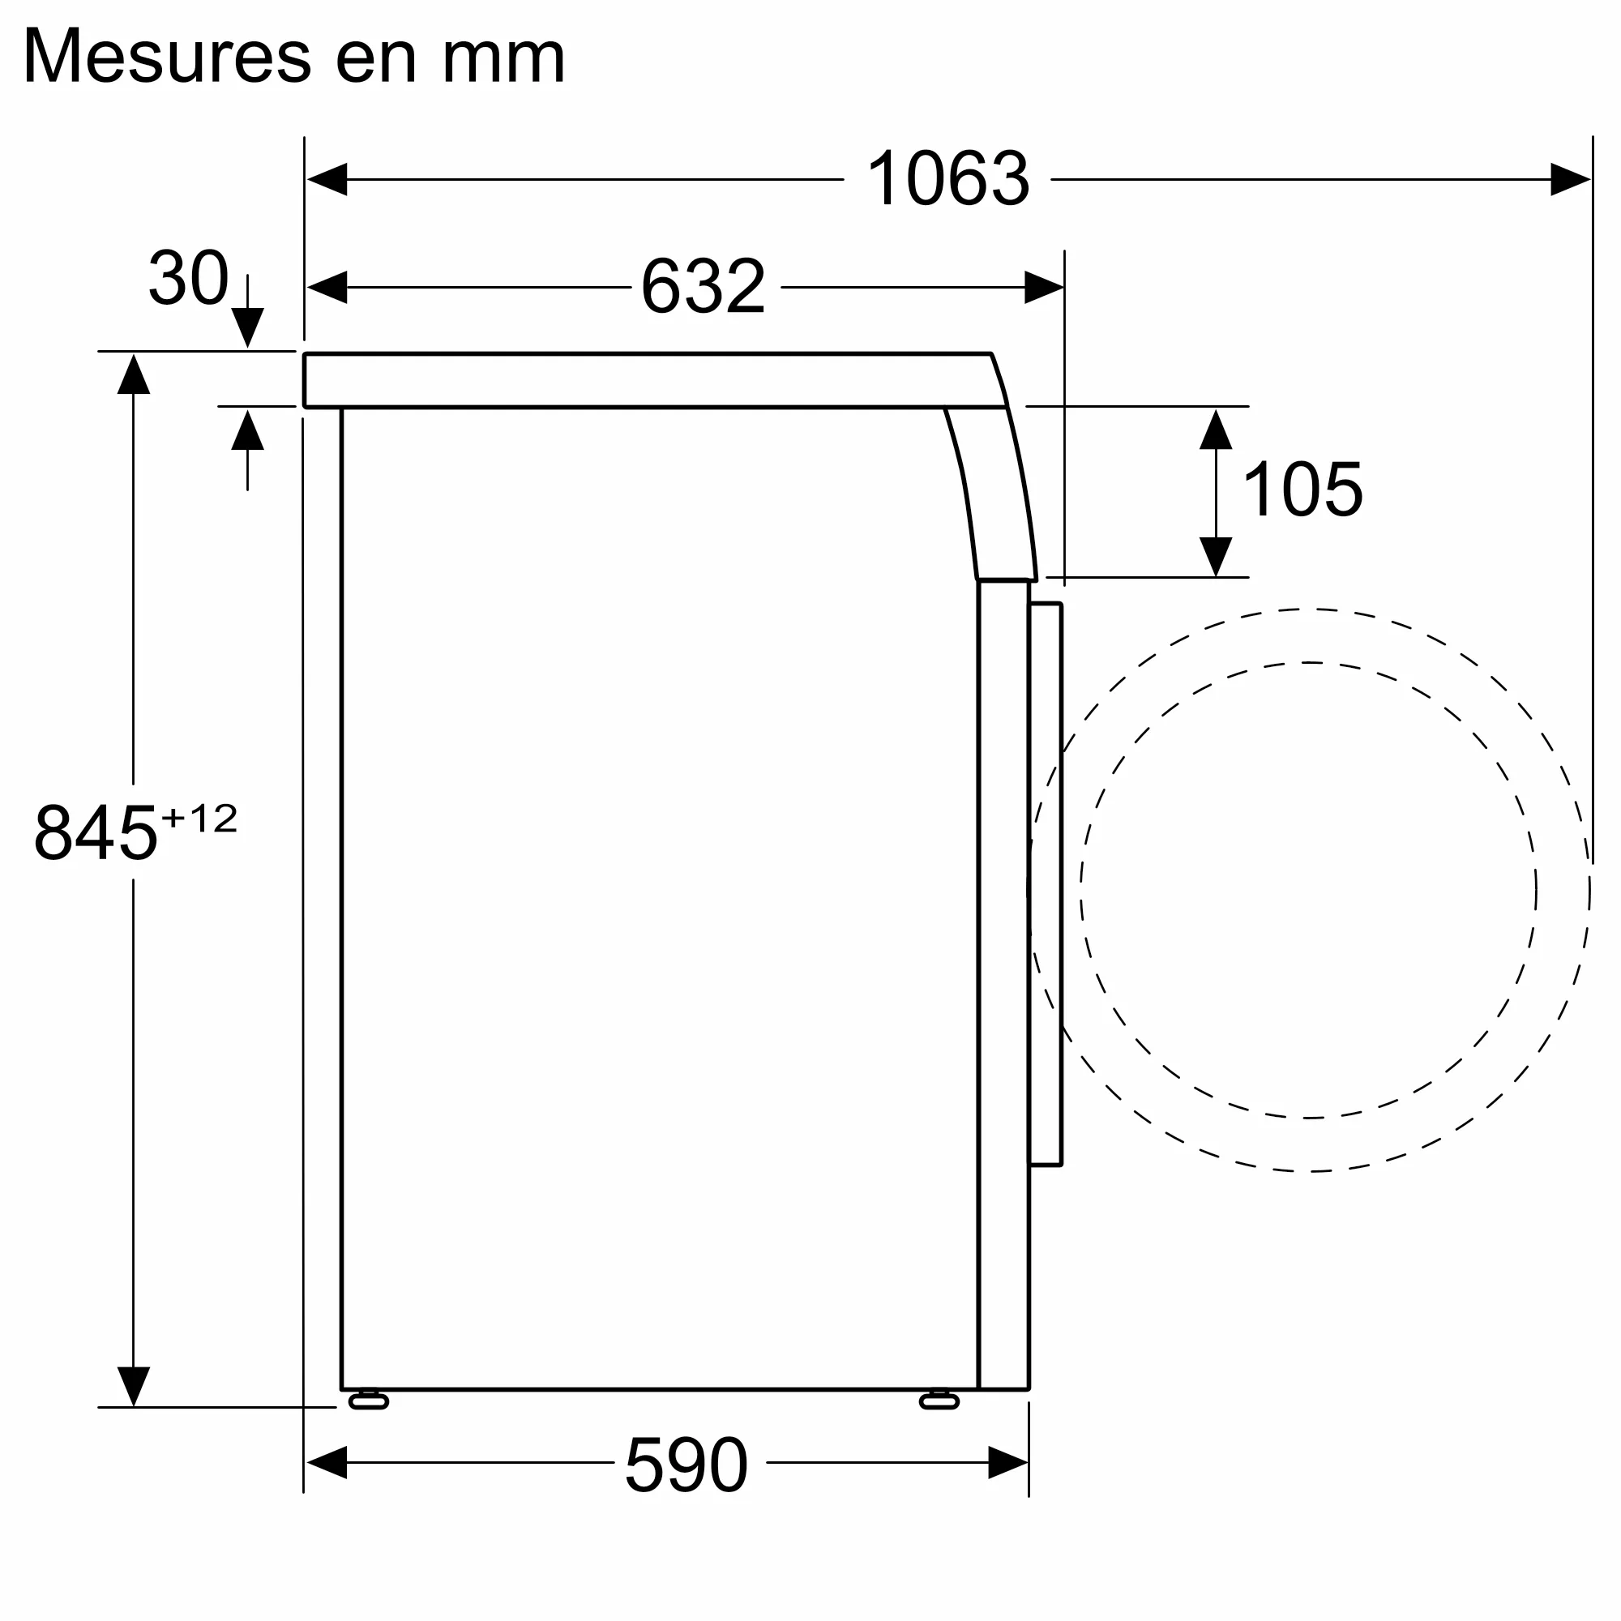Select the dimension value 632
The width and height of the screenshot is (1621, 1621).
click(703, 287)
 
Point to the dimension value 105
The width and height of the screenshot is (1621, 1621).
click(1302, 490)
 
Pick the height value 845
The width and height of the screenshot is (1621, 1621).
click(95, 833)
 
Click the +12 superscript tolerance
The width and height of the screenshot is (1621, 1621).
click(199, 818)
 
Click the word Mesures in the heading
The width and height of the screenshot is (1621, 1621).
click(167, 57)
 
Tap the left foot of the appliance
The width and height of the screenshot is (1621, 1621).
click(368, 1401)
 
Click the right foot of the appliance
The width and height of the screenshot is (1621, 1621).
click(939, 1401)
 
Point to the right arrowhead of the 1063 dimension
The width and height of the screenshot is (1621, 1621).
click(1569, 180)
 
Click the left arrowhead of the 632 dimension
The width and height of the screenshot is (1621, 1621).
click(327, 287)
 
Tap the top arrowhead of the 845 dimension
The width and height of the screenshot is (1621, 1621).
click(134, 375)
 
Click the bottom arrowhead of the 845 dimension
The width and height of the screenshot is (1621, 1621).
click(134, 1385)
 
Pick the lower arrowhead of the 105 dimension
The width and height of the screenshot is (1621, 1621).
click(1215, 556)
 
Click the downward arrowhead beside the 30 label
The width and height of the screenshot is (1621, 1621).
click(247, 327)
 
